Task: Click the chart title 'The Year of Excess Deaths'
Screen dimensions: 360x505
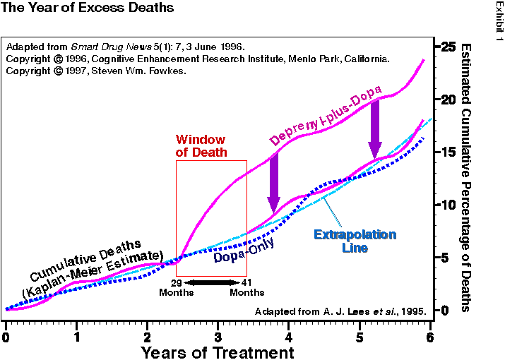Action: coord(88,9)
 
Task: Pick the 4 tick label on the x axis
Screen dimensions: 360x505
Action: coord(289,336)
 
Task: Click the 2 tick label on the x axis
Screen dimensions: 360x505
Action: coord(147,336)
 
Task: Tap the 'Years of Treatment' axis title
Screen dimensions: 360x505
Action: coord(217,351)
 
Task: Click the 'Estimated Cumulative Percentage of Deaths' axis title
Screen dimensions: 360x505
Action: coord(465,176)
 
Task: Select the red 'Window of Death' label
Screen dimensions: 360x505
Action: coord(201,145)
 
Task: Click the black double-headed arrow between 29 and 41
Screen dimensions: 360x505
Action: coord(212,282)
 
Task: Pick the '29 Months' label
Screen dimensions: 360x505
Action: coord(177,287)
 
